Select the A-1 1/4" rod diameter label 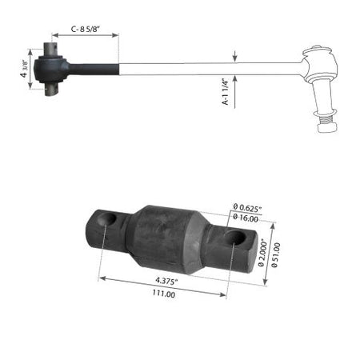226,93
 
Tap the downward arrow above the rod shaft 234,56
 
